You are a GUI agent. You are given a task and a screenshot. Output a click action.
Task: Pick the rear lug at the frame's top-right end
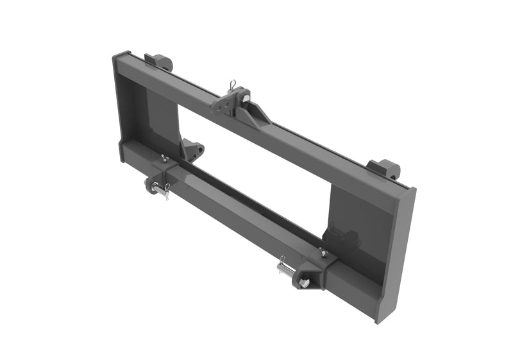click(384, 169)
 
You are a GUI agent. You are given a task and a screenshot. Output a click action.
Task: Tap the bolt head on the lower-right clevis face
click(305, 282)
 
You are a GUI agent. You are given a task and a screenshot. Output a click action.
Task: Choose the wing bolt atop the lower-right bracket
click(324, 253)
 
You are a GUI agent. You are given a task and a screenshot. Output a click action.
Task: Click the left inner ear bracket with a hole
click(193, 150)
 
